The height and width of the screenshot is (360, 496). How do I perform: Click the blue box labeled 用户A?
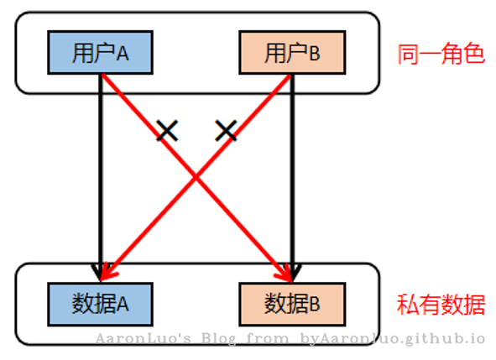(x=100, y=53)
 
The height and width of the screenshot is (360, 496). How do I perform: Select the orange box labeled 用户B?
(x=292, y=53)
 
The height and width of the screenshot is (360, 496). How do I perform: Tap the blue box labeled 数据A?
(x=100, y=305)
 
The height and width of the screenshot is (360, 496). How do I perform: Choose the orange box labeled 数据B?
(x=292, y=305)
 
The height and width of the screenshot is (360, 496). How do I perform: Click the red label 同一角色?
(x=441, y=54)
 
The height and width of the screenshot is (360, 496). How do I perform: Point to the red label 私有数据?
(x=441, y=305)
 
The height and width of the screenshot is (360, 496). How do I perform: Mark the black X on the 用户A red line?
(x=167, y=130)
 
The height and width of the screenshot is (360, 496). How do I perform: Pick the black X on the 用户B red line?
(x=226, y=130)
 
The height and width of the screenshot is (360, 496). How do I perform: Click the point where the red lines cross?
(x=196, y=178)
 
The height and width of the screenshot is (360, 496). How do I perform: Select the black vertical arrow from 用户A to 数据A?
(x=101, y=177)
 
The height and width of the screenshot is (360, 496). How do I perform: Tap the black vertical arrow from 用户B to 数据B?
(x=293, y=177)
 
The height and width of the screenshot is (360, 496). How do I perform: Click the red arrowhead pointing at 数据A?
(x=107, y=273)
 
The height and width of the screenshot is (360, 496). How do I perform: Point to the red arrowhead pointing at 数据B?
(x=285, y=273)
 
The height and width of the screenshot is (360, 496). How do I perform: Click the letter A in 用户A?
(x=123, y=54)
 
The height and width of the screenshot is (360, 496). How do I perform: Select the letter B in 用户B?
(x=315, y=54)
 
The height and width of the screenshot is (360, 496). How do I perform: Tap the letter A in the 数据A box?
(x=123, y=305)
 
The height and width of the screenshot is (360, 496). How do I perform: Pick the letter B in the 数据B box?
(x=315, y=305)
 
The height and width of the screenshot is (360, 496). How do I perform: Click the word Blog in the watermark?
(x=218, y=339)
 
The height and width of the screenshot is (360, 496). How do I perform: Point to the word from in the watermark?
(x=267, y=339)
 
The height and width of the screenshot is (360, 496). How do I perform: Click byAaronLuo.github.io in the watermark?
(x=392, y=339)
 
